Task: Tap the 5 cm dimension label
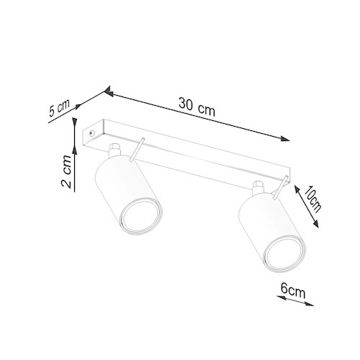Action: (x=59, y=107)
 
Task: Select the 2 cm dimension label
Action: (x=66, y=171)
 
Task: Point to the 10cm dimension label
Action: (x=312, y=199)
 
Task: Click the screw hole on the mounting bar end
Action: (x=91, y=133)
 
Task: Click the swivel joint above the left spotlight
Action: (x=114, y=150)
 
